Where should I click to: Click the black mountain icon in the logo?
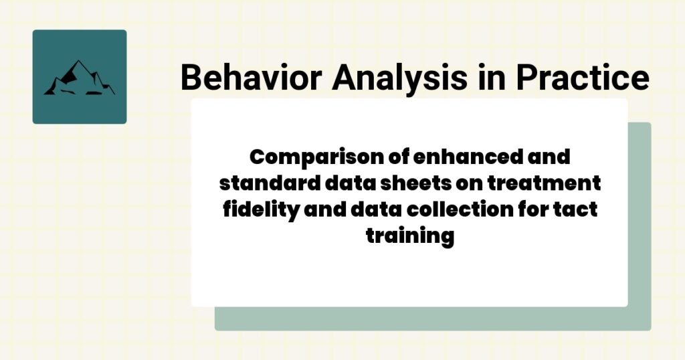[x=79, y=78]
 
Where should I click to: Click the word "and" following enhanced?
[x=547, y=159]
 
